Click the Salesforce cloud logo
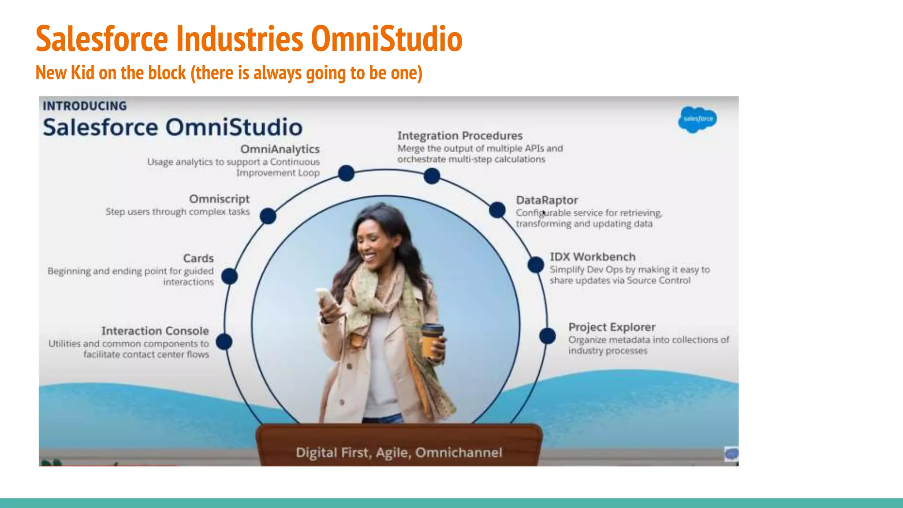(x=698, y=119)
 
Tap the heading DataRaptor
(x=547, y=200)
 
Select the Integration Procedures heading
(x=460, y=136)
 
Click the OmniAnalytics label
(x=280, y=149)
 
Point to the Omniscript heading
(x=219, y=199)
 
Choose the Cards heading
(x=198, y=258)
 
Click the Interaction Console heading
(x=155, y=331)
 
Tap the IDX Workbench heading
(x=593, y=257)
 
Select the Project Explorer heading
(x=612, y=327)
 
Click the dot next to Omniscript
(x=268, y=216)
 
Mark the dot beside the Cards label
(x=229, y=276)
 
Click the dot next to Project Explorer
(x=548, y=336)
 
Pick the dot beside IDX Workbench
(x=536, y=265)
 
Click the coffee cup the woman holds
(x=432, y=340)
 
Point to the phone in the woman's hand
(x=326, y=298)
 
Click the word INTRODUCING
(x=85, y=106)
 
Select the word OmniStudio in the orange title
(x=387, y=39)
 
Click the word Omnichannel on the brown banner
(x=459, y=452)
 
